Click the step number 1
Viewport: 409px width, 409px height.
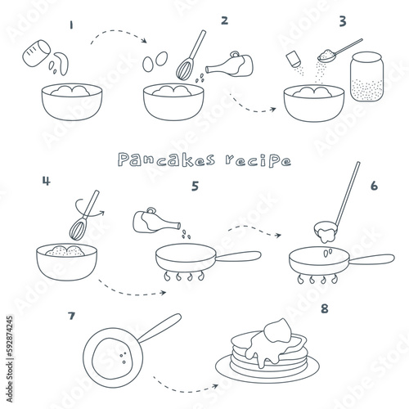click(x=71, y=25)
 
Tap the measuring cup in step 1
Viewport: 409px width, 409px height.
click(x=37, y=53)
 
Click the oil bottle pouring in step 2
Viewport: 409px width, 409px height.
click(x=230, y=65)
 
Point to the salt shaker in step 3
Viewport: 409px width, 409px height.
click(x=293, y=59)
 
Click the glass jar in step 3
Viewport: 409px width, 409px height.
click(x=366, y=77)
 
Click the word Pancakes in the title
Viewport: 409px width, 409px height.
click(x=167, y=160)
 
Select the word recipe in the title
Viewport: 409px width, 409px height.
click(x=258, y=161)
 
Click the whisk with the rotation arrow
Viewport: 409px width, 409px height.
click(x=84, y=215)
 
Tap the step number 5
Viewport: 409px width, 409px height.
click(x=195, y=187)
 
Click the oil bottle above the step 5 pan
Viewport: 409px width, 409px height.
click(x=156, y=221)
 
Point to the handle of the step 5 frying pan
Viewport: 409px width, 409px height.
click(x=238, y=256)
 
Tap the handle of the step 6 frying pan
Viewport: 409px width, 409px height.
click(x=371, y=259)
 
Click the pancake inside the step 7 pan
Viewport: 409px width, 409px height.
click(x=112, y=358)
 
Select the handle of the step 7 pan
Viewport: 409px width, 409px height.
click(x=160, y=328)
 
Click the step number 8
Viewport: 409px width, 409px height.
click(x=325, y=309)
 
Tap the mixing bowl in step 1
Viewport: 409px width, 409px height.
click(x=72, y=101)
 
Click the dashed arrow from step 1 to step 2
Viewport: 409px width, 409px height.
click(x=118, y=31)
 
